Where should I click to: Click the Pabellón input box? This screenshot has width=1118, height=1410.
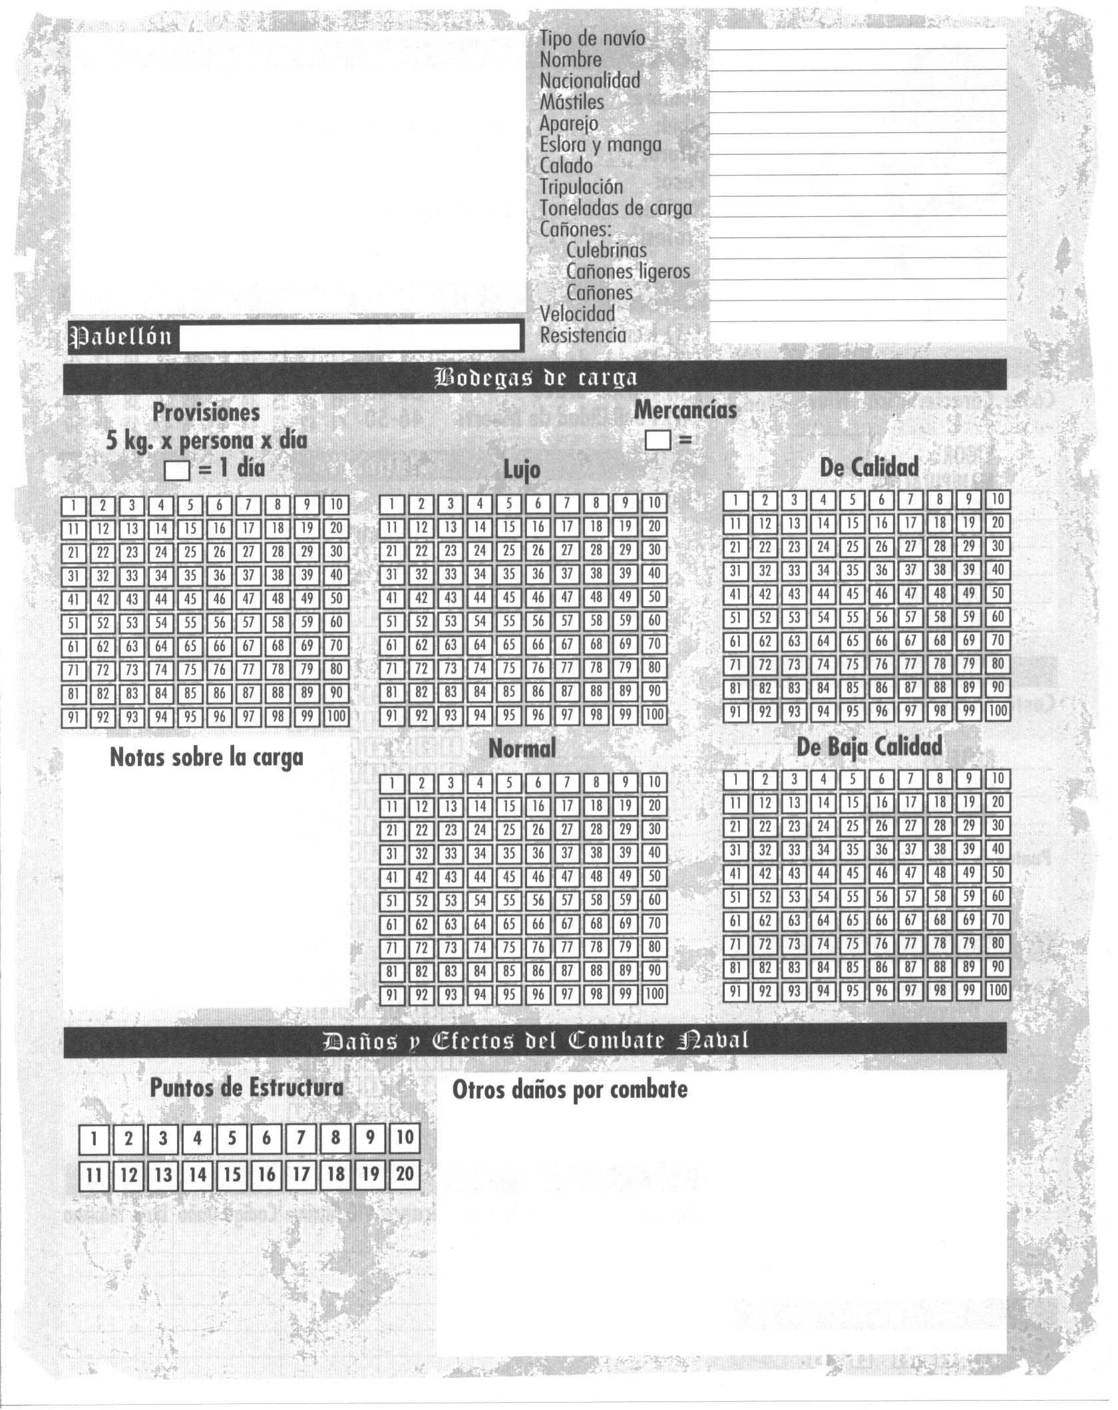tap(349, 337)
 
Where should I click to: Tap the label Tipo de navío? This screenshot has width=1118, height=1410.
tap(592, 38)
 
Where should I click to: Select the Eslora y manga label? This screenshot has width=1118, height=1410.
tap(600, 144)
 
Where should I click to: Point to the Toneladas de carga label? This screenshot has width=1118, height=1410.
tap(616, 208)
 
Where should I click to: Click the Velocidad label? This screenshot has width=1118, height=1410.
tap(577, 313)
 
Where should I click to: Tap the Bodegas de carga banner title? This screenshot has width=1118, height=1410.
tap(535, 378)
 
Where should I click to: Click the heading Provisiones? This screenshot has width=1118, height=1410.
tap(206, 412)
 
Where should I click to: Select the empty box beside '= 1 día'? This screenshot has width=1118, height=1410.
tap(177, 471)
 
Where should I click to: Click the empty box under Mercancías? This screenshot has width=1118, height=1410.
tap(657, 440)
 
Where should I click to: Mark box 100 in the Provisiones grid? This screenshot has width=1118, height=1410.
tap(336, 717)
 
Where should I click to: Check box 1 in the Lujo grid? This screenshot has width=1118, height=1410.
tap(392, 503)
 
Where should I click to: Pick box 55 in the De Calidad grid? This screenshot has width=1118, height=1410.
tap(852, 617)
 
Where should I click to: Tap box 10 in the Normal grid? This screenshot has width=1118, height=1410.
tap(654, 782)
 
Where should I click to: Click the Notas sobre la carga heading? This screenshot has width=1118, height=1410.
tap(206, 758)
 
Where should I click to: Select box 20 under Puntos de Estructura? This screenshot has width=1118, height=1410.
tap(405, 1175)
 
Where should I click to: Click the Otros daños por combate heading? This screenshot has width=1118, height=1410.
tap(570, 1089)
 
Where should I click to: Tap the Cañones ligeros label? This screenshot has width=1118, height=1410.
tap(628, 271)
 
